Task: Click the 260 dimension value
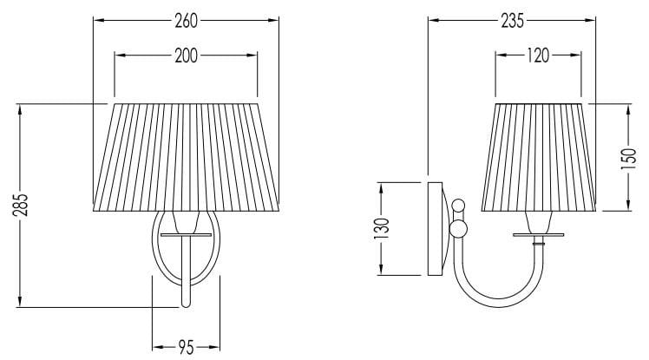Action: (x=186, y=21)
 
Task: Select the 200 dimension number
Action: (x=186, y=56)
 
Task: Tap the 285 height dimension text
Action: (x=20, y=205)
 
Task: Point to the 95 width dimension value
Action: (x=186, y=348)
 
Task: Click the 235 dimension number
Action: (x=513, y=21)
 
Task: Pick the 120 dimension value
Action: (x=538, y=56)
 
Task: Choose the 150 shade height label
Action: (x=628, y=159)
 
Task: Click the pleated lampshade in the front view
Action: (x=187, y=157)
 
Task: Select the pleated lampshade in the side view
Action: (x=539, y=157)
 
